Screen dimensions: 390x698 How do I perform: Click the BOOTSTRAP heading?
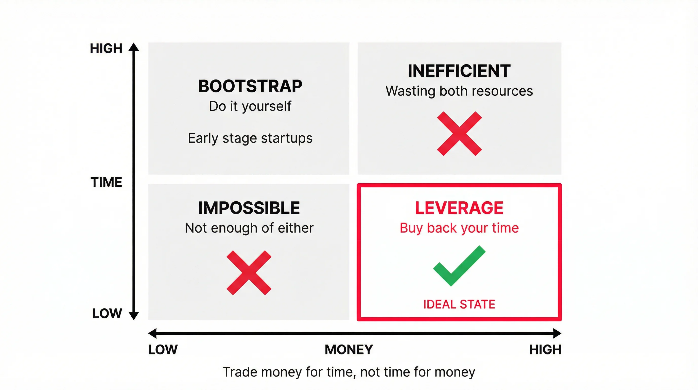click(x=250, y=86)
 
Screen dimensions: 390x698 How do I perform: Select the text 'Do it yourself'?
click(x=250, y=106)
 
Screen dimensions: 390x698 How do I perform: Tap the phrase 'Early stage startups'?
click(x=250, y=138)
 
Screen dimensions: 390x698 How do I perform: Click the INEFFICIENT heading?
click(x=459, y=71)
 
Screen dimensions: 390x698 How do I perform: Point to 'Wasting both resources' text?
click(x=459, y=91)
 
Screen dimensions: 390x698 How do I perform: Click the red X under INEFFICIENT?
click(x=459, y=134)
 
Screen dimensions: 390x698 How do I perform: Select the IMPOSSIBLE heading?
click(x=249, y=208)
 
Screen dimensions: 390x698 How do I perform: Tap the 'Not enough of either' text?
click(x=249, y=228)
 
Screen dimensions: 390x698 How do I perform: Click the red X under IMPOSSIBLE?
click(x=249, y=272)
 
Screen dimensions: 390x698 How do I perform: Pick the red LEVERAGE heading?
click(x=459, y=208)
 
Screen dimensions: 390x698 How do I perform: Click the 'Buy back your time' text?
click(x=459, y=228)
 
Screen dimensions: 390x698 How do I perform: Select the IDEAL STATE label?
click(x=459, y=304)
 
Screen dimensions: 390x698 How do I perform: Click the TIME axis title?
click(x=106, y=182)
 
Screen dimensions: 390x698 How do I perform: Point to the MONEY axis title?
click(x=349, y=350)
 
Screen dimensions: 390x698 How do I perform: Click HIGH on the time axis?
click(x=106, y=48)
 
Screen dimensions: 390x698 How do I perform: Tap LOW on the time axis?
click(x=107, y=314)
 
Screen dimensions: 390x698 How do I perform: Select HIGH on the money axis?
click(x=545, y=350)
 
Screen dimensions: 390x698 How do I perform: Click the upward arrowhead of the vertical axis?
click(x=134, y=47)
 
